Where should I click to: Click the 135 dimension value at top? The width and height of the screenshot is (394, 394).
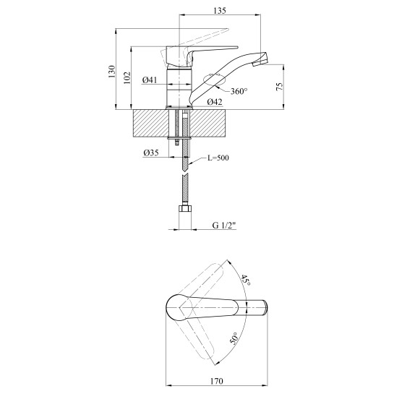[x=220, y=11]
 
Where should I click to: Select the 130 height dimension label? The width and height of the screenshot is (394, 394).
[x=111, y=72]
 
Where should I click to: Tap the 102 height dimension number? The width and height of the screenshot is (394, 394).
[x=127, y=77]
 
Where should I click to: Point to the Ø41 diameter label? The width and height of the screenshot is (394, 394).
[x=150, y=80]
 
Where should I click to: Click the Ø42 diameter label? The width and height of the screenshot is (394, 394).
[x=215, y=102]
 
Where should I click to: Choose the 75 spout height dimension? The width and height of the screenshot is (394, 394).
[x=279, y=87]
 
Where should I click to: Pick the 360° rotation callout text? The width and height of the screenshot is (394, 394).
[x=239, y=91]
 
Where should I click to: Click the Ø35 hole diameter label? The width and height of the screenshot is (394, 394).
[x=151, y=153]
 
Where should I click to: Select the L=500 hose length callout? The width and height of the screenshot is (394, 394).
[x=218, y=158]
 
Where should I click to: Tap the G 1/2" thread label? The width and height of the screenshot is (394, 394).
[x=224, y=225]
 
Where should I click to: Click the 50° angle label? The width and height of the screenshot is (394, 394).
[x=234, y=338]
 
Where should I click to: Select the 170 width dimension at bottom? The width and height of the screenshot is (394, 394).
[x=217, y=381]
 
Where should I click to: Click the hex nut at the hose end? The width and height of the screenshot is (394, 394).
[x=184, y=209]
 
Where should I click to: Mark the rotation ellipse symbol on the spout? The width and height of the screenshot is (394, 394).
[x=215, y=80]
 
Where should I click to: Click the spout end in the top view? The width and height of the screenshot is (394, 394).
[x=265, y=307]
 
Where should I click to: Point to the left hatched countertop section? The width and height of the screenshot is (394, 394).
[x=150, y=124]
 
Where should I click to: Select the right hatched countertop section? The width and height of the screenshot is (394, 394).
[x=208, y=124]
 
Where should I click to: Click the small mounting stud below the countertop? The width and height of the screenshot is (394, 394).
[x=177, y=142]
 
